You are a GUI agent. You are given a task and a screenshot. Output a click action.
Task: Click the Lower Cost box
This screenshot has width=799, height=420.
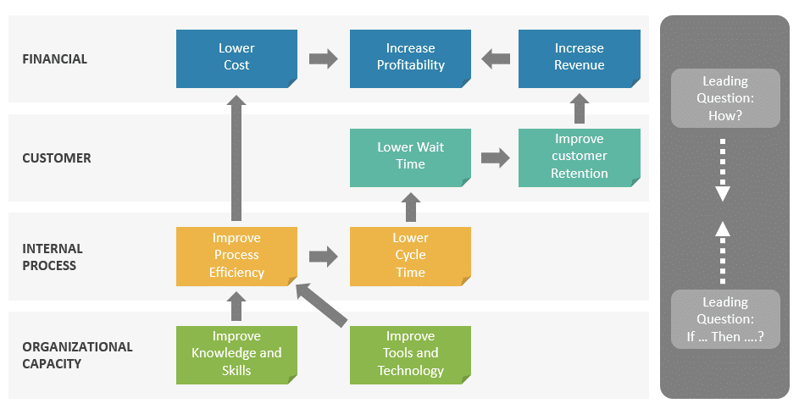236,58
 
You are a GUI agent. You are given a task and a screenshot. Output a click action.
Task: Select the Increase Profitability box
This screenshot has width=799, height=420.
410,58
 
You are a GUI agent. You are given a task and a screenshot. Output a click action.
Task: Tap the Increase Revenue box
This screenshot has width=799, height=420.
579,58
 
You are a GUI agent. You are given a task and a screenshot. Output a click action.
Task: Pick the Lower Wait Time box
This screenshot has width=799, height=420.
410,157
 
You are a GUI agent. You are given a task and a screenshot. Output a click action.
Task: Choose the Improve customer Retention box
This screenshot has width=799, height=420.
579,157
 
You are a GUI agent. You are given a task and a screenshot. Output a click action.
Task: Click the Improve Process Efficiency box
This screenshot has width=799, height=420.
236,255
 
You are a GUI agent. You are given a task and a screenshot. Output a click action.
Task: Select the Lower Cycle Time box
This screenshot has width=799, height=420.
410,255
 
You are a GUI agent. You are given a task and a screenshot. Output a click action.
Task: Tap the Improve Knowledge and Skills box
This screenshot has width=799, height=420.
236,354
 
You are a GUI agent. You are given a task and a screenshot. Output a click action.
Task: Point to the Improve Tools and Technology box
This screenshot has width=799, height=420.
410,354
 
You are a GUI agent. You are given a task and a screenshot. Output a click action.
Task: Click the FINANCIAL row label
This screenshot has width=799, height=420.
55,59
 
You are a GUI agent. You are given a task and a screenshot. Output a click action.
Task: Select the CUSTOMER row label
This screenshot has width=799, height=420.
57,158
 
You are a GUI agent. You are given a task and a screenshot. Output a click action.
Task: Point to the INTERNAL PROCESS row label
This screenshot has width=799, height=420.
53,257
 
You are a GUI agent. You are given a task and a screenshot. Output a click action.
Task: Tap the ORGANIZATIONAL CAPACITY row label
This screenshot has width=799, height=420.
77,356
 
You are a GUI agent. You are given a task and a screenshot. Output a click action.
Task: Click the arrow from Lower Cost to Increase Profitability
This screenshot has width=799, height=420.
323,58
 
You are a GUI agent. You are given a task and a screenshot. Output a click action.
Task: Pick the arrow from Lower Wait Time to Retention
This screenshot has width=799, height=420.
495,157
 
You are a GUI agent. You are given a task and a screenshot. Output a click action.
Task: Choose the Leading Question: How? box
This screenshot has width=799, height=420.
724,98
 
